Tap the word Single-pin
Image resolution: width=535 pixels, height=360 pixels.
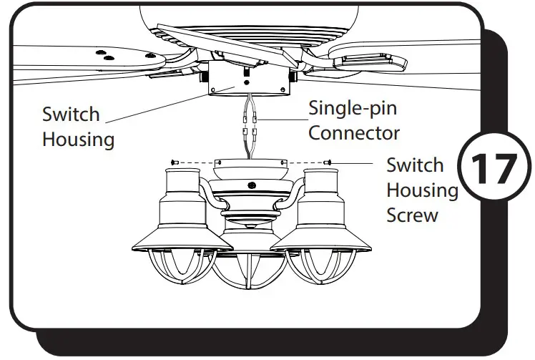tap(352, 110)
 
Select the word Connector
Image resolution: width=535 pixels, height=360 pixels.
tap(353, 133)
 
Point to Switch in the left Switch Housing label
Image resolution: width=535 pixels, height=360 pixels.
tap(71, 115)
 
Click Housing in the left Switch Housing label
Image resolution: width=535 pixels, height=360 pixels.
tap(78, 139)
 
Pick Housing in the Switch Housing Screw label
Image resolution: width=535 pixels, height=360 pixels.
tap(422, 190)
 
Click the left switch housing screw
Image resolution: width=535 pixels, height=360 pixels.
tap(173, 162)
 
